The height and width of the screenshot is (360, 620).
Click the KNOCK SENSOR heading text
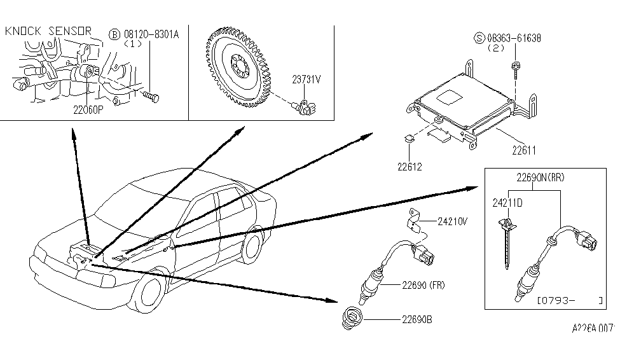tap(48, 31)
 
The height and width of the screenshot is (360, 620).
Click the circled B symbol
tap(114, 35)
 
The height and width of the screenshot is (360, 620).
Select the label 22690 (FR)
tap(424, 286)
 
